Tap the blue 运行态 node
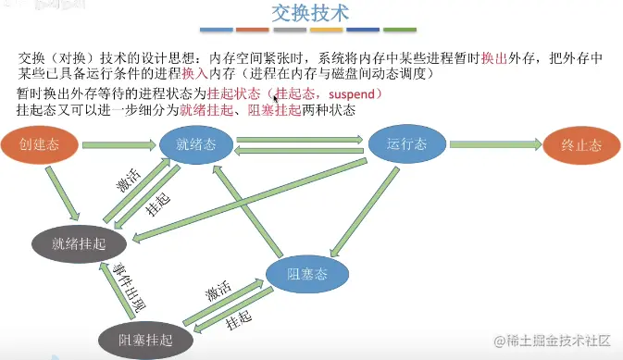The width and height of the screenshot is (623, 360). pos(408,144)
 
